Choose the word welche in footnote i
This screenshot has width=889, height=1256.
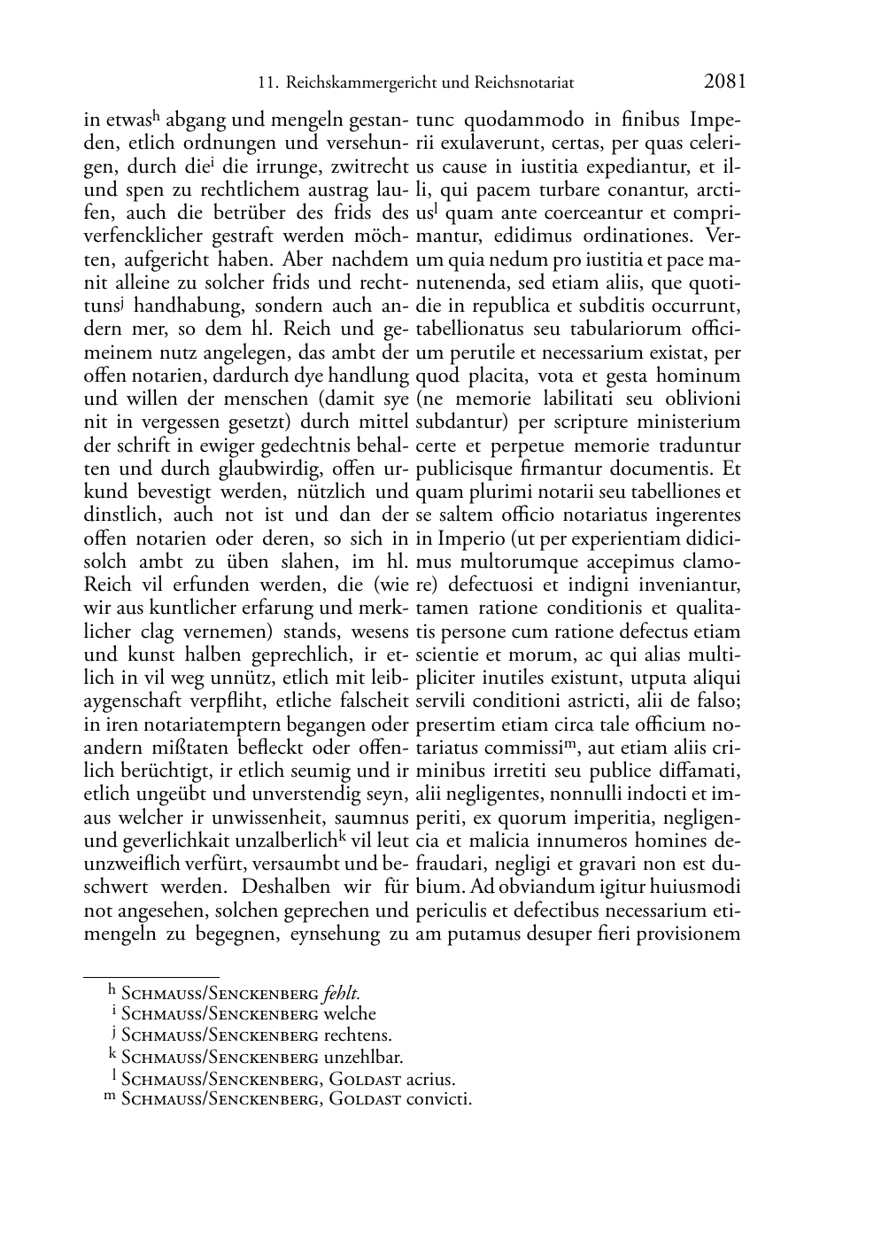click(349, 1013)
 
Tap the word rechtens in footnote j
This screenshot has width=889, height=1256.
click(357, 1035)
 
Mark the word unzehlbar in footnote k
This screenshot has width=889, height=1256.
click(362, 1057)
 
